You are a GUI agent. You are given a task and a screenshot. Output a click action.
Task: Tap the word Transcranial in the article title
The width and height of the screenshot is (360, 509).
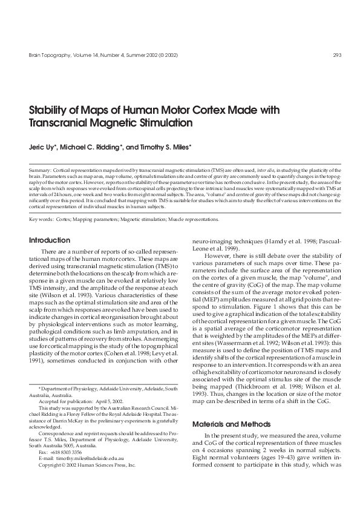coord(61,123)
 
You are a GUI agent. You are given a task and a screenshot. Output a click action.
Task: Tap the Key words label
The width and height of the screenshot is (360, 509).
coord(42,220)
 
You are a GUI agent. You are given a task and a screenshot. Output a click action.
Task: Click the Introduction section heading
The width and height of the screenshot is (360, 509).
coord(50,240)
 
